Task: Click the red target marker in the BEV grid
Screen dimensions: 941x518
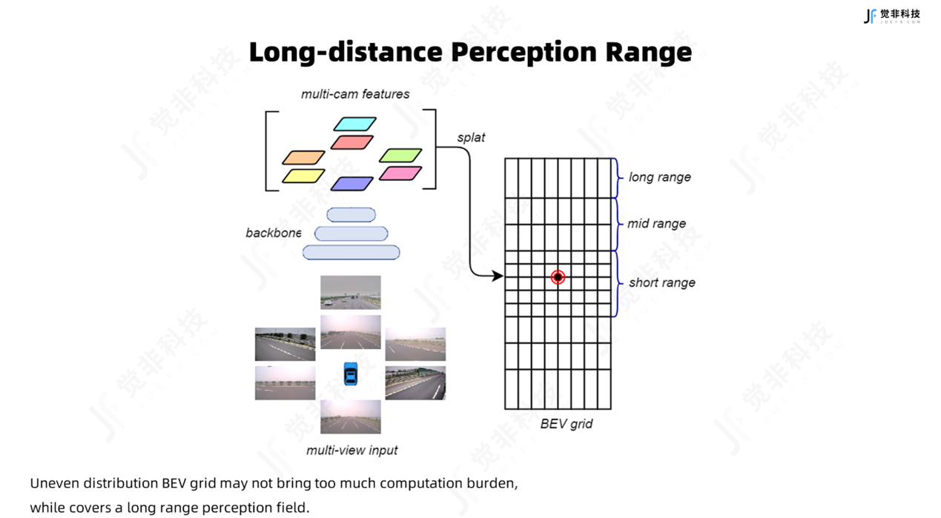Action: (x=558, y=277)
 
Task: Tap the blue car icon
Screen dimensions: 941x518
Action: (x=351, y=373)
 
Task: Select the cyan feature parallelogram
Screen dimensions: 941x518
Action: (x=355, y=124)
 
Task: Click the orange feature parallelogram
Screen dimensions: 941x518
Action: (x=303, y=157)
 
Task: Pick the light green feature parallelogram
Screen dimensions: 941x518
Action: (x=400, y=155)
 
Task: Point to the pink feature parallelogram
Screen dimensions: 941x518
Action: (x=400, y=173)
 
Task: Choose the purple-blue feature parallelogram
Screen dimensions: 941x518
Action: (x=352, y=183)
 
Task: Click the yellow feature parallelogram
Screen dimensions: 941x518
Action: (x=303, y=176)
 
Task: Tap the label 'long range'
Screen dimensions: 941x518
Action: (x=659, y=177)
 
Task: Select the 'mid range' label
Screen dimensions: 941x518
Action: (x=656, y=223)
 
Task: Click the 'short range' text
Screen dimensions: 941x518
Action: (x=661, y=282)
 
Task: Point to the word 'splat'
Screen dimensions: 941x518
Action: (x=471, y=138)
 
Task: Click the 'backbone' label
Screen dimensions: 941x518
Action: (x=274, y=233)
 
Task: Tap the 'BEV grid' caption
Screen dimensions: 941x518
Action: (x=566, y=424)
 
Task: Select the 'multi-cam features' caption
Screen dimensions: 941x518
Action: (x=355, y=94)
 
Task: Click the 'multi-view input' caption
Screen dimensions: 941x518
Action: (x=351, y=450)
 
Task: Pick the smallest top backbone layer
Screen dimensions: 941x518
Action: (x=351, y=215)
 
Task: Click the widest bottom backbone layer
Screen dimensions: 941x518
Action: (x=351, y=253)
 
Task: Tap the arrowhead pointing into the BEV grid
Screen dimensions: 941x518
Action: (x=498, y=276)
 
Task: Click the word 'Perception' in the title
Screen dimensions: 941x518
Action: (x=524, y=53)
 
